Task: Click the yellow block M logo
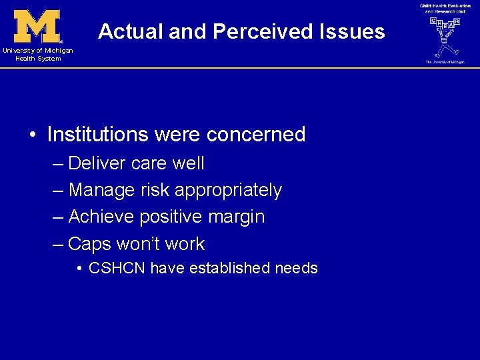click(x=37, y=27)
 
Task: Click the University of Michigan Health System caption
click(x=37, y=55)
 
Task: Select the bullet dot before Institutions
click(x=33, y=135)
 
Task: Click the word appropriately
click(x=228, y=191)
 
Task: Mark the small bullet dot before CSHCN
click(x=79, y=269)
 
